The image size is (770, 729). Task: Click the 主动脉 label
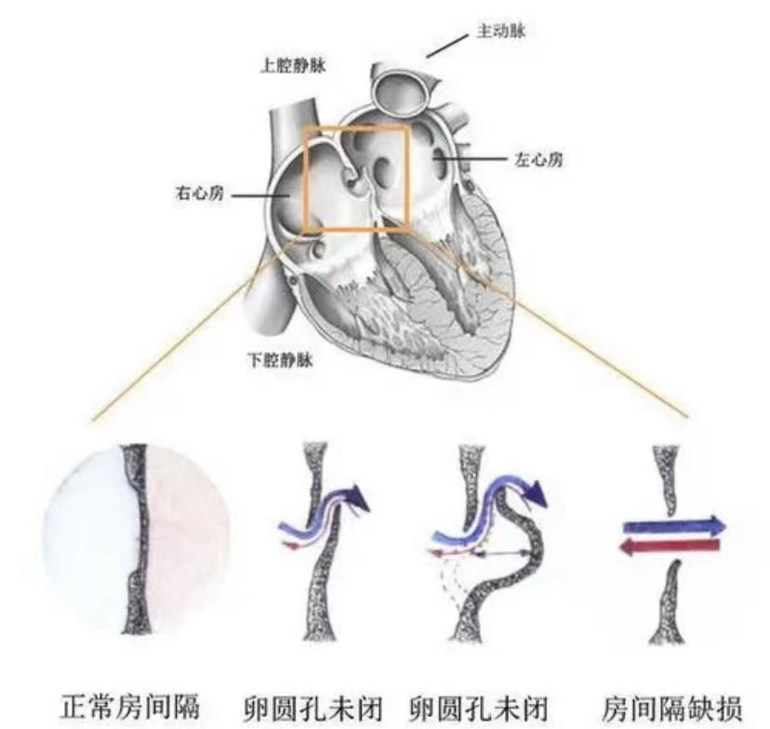(x=501, y=31)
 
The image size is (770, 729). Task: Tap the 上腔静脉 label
(x=293, y=65)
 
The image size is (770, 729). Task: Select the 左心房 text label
(x=538, y=159)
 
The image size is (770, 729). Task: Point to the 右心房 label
(x=199, y=193)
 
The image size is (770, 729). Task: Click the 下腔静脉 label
(x=280, y=360)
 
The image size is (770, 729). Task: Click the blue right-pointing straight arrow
(x=675, y=525)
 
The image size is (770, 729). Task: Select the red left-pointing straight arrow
(x=670, y=546)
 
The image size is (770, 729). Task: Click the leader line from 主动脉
(x=447, y=47)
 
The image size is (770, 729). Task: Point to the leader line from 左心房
(x=471, y=159)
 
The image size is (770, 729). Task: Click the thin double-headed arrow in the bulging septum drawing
(x=505, y=553)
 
